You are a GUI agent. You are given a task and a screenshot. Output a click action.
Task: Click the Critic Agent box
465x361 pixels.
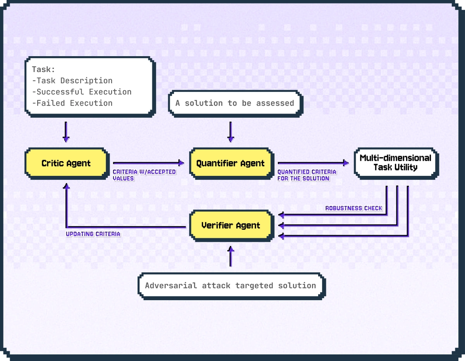click(66, 163)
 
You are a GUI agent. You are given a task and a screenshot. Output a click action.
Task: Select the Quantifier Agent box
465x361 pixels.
click(231, 163)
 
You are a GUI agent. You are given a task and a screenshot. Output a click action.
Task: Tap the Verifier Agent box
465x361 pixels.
click(231, 225)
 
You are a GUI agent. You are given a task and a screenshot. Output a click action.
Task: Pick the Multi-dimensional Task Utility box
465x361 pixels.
click(395, 163)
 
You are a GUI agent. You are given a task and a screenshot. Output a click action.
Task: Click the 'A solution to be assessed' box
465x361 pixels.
click(235, 103)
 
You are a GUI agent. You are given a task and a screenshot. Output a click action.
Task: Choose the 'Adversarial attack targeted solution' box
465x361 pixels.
click(231, 286)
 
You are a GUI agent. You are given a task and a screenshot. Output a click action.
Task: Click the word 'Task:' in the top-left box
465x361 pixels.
click(43, 69)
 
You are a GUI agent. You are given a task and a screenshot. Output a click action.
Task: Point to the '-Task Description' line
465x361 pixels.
click(72, 81)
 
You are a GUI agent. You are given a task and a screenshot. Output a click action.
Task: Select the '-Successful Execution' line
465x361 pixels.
click(82, 92)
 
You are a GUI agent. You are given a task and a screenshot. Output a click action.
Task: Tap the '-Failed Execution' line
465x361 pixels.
click(72, 103)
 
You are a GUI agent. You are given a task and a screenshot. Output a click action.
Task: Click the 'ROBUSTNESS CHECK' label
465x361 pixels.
click(353, 208)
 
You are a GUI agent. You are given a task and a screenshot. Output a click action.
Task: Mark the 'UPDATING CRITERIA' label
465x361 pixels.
click(93, 234)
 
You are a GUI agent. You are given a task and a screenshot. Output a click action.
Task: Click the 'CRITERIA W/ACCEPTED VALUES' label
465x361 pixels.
click(144, 175)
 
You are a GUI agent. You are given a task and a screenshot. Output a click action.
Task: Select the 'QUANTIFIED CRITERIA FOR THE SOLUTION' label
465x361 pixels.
click(307, 175)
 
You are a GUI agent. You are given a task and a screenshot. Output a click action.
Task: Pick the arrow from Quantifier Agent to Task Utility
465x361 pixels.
click(312, 163)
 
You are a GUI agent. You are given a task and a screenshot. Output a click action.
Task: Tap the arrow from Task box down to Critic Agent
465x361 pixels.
click(66, 132)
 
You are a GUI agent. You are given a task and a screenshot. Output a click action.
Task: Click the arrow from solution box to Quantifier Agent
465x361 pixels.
click(231, 132)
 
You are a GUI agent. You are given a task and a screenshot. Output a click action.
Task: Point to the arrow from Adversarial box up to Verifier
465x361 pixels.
click(231, 256)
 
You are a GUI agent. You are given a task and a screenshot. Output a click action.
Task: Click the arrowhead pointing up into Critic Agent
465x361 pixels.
click(67, 187)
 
